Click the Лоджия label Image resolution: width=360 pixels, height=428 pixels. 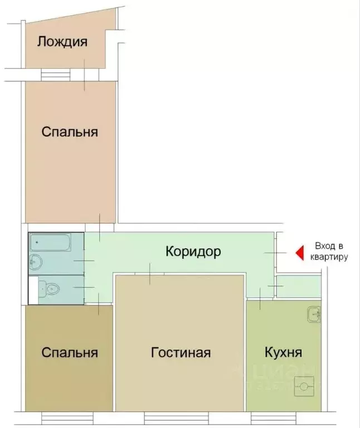62,42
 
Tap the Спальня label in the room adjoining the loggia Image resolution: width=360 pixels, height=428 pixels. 70,132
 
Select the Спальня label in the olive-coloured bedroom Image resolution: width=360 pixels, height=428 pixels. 70,352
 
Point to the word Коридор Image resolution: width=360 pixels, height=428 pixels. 193,251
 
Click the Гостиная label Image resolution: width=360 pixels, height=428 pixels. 181,352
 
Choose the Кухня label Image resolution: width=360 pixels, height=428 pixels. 283,352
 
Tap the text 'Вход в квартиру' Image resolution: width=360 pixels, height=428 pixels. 331,251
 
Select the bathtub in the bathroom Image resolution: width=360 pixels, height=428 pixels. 50,242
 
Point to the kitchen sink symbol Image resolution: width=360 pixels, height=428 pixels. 314,314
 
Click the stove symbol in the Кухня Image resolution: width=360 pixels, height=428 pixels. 304,385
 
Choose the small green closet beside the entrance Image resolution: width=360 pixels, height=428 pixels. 299,287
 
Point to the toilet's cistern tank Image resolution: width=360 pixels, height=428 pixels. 42,289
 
